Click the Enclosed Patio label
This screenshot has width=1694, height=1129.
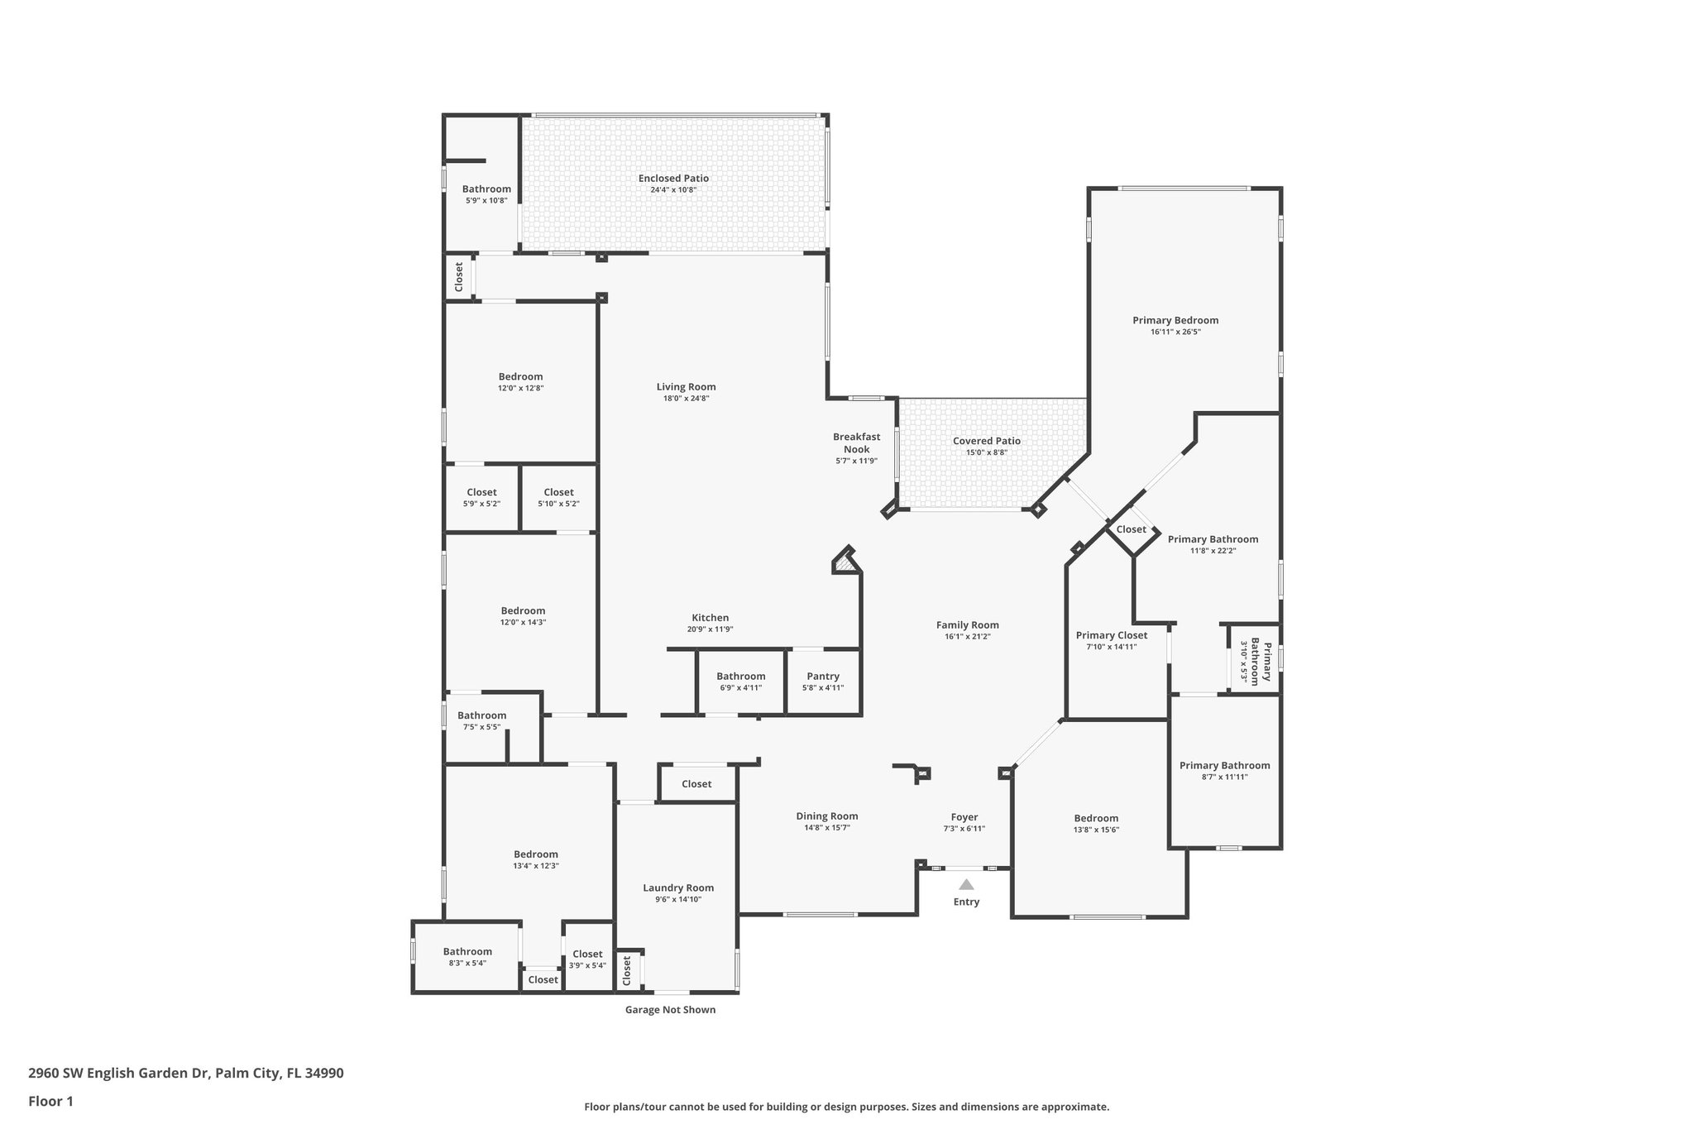point(673,179)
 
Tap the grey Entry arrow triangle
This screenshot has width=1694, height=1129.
point(966,884)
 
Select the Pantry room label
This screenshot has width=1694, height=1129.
point(823,677)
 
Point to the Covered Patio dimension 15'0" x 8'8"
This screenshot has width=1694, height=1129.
point(986,452)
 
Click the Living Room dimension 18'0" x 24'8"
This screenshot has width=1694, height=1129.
point(686,398)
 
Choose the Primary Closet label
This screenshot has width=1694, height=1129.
point(1111,635)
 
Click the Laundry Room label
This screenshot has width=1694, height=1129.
point(678,887)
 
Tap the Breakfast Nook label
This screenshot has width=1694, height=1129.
point(856,443)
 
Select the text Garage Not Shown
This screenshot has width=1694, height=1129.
point(670,1009)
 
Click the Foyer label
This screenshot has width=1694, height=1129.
point(964,816)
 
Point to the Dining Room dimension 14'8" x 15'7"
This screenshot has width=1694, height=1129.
point(827,827)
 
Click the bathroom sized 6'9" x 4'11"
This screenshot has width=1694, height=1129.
point(740,682)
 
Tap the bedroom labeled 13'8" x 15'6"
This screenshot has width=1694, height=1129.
point(1096,823)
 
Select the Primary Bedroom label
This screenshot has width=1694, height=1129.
point(1175,320)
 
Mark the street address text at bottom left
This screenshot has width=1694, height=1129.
point(185,1074)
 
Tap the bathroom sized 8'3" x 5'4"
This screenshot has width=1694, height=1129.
point(467,956)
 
